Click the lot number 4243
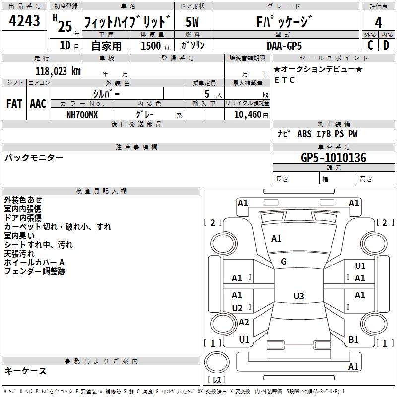click(x=24, y=22)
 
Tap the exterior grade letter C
click(x=370, y=45)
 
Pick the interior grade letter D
click(x=386, y=45)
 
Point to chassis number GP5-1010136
click(x=333, y=158)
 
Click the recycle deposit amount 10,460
click(x=246, y=114)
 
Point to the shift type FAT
click(x=14, y=104)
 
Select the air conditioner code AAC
click(x=38, y=104)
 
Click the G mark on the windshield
click(x=284, y=262)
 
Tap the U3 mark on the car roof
click(x=298, y=296)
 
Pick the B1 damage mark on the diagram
click(x=353, y=340)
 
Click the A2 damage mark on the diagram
click(x=243, y=322)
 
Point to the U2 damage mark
click(x=237, y=308)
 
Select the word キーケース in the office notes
click(x=25, y=371)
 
